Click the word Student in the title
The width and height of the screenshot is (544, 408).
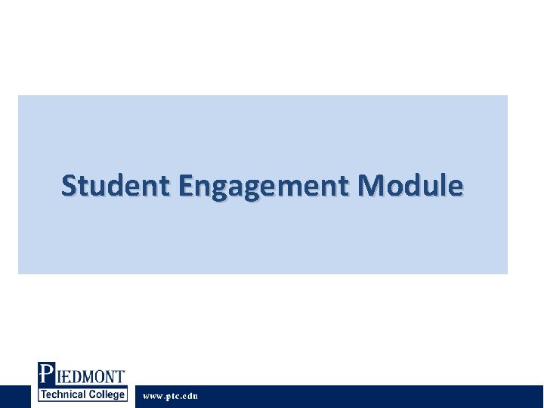(x=115, y=185)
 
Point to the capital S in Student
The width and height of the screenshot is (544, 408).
(x=70, y=185)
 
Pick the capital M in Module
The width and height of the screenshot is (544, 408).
(x=372, y=185)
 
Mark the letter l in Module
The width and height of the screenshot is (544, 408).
(x=441, y=185)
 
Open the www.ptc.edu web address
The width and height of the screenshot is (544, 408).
(x=171, y=396)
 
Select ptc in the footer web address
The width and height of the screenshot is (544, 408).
(x=173, y=396)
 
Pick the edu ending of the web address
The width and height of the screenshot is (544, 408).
(x=190, y=396)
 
